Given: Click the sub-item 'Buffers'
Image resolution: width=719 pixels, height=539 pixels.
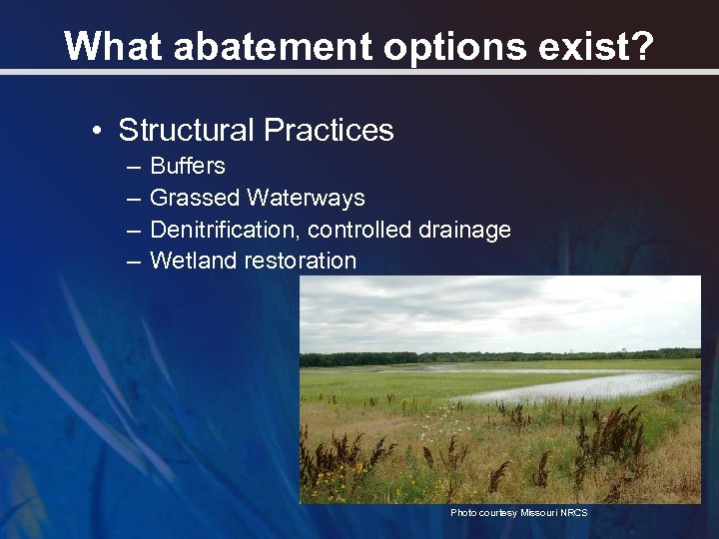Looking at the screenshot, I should [187, 166].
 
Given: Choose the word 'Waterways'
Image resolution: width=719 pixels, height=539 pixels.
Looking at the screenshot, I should [307, 198].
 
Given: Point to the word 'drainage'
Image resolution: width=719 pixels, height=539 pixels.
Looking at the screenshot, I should [464, 230].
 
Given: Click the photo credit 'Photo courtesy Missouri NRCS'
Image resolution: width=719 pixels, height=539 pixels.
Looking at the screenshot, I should [518, 512].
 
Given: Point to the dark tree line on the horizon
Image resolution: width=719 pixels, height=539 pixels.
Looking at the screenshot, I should [499, 356].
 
